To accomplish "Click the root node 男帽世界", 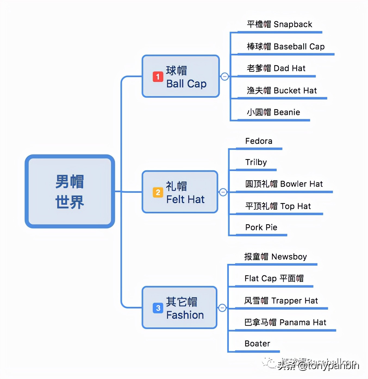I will (70, 192).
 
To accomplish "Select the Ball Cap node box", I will (180, 77).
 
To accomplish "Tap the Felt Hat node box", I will (180, 192).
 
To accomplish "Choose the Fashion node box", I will (179, 308).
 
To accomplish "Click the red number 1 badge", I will (158, 77).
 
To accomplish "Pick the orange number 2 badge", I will (158, 192).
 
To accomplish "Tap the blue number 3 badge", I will (158, 308).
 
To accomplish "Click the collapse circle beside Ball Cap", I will (224, 77).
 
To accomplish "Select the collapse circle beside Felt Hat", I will (223, 192).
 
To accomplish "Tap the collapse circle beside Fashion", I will (222, 308).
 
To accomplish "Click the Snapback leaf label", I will (279, 24).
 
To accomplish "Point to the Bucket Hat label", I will (282, 90).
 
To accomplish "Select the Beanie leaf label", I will (273, 112).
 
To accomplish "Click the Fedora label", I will (258, 141).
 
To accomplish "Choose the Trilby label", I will (256, 162).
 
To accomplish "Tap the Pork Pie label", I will (261, 228).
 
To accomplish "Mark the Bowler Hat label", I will (284, 184).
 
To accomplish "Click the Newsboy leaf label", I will (275, 257).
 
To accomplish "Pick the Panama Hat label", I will (285, 323).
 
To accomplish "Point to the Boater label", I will (257, 344).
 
